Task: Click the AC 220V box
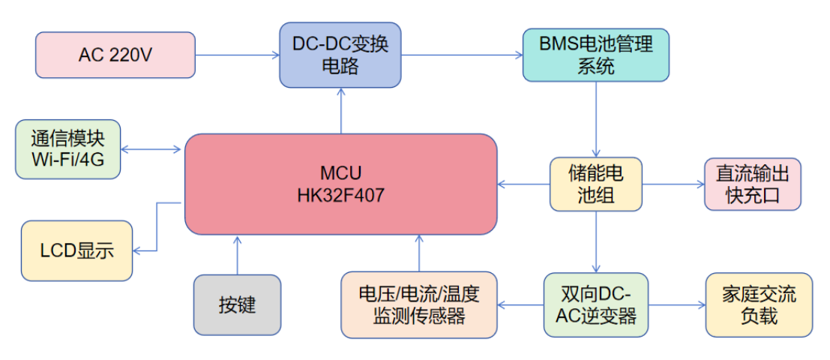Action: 115,54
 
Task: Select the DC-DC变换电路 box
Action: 340,54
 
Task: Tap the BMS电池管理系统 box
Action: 595,54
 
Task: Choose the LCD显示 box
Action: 77,251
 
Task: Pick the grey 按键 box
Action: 238,304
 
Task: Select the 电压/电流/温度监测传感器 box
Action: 419,304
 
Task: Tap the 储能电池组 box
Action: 596,184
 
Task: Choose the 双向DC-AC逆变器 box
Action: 596,304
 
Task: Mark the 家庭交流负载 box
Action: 759,304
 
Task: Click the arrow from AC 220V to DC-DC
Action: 237,54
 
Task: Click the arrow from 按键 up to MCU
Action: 238,255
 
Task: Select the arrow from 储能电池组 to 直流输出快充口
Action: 673,184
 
